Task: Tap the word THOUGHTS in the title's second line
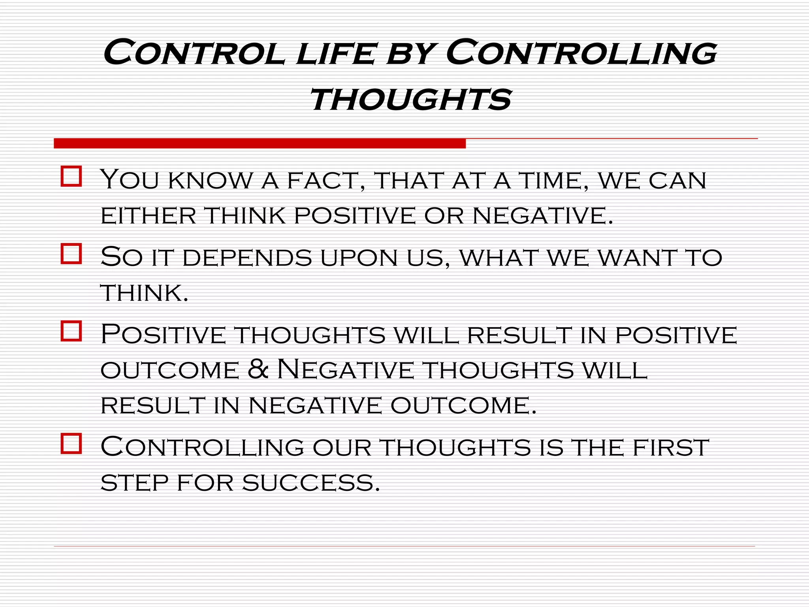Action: click(411, 100)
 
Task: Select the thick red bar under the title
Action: click(260, 143)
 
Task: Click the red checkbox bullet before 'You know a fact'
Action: click(71, 176)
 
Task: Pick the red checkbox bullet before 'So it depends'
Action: click(71, 253)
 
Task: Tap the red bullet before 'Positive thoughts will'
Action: click(71, 331)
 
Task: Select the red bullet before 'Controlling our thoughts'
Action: click(71, 443)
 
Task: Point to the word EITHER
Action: click(148, 216)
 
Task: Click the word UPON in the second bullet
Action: click(359, 258)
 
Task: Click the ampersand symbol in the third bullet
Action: click(259, 369)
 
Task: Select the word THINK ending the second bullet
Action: click(144, 293)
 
